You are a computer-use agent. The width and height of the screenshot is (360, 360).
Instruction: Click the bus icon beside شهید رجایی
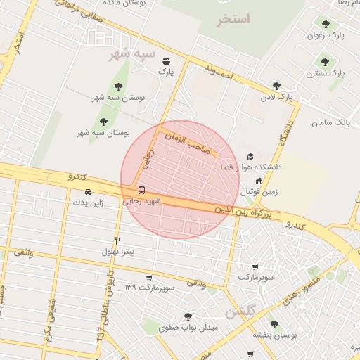point(142,190)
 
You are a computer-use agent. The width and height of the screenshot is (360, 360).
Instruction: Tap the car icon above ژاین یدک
point(88,192)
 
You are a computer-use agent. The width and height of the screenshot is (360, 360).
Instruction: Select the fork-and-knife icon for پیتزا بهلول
point(117,240)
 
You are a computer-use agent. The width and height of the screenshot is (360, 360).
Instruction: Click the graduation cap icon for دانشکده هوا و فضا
point(250,157)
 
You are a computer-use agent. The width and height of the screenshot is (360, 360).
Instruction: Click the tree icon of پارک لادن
point(276,86)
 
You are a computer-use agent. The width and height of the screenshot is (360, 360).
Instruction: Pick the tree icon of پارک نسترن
point(325,62)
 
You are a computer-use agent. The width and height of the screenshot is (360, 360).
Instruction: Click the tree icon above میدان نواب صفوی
point(187,316)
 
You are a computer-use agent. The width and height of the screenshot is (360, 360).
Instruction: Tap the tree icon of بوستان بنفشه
point(274,324)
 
